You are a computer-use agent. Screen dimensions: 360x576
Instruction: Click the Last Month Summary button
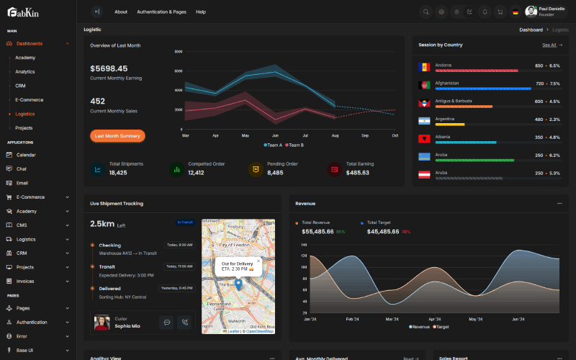tap(117, 135)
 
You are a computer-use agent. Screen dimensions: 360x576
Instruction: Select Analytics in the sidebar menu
tap(25, 71)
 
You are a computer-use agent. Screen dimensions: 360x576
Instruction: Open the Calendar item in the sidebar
tap(26, 155)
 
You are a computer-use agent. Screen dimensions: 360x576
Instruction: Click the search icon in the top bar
tap(426, 12)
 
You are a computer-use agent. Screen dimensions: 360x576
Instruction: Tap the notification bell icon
tap(485, 12)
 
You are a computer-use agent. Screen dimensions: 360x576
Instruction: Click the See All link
tap(552, 45)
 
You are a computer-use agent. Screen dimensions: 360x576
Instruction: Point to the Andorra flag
tap(424, 67)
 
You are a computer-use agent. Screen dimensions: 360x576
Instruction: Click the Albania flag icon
tap(424, 138)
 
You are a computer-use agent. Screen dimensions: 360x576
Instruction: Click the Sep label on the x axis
tap(365, 135)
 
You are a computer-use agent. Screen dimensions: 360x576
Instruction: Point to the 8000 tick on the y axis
tap(179, 52)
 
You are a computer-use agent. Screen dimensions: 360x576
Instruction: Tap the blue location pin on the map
tap(238, 284)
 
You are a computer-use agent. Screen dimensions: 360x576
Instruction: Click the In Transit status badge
tap(185, 222)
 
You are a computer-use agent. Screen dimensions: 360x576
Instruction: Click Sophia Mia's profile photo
tap(102, 323)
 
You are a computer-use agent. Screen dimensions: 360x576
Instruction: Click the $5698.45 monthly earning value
tap(109, 68)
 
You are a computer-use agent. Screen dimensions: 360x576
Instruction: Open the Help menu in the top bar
tap(201, 12)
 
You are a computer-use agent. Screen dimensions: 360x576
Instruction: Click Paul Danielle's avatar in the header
tap(531, 12)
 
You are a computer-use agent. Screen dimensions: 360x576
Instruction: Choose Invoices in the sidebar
tap(25, 281)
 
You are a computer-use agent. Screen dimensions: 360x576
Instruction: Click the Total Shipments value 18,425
tap(118, 173)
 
